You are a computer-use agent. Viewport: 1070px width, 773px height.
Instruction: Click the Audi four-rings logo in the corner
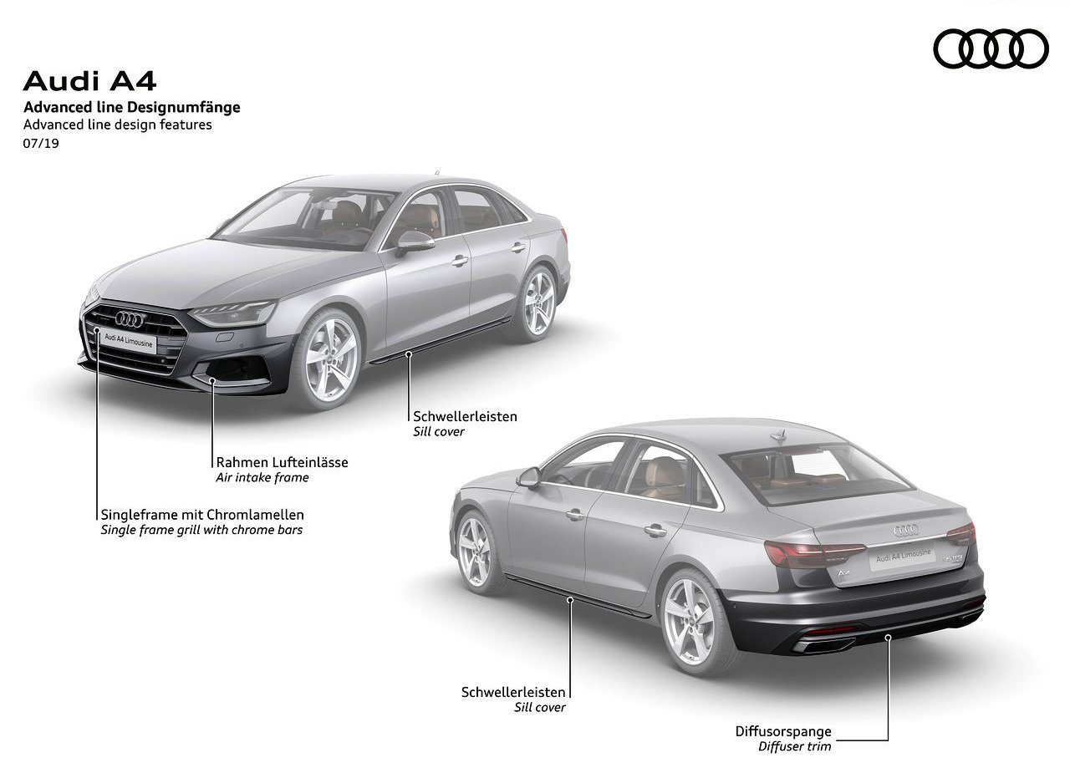pos(991,48)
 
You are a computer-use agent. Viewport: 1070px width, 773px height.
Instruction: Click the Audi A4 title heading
pos(89,81)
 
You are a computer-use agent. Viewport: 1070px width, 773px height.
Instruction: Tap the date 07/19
pos(41,143)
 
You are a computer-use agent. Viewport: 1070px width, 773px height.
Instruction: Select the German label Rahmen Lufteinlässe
pos(282,462)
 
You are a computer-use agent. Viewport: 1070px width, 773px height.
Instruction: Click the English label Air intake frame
pos(262,477)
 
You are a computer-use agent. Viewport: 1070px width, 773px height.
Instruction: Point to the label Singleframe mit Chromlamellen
pos(202,515)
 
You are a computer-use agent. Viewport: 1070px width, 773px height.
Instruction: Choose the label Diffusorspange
pos(783,731)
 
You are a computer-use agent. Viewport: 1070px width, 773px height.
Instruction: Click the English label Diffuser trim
pos(795,746)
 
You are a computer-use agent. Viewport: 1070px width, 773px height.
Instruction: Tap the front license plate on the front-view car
pos(128,341)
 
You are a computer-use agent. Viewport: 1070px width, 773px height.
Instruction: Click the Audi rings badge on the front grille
pos(129,319)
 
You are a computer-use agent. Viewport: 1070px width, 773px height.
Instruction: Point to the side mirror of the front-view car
pos(414,242)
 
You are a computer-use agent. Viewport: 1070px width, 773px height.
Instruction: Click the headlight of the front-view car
pos(234,313)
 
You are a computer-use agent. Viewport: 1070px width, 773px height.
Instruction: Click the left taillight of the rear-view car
pos(814,554)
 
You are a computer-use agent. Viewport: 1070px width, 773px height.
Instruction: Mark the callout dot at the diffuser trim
pos(888,638)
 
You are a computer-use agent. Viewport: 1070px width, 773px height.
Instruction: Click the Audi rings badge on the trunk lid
pos(906,530)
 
